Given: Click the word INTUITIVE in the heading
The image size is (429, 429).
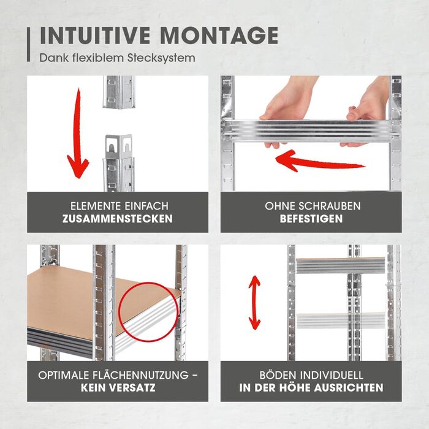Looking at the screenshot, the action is coord(96,36).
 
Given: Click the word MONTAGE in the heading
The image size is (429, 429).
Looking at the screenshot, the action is coord(219,36).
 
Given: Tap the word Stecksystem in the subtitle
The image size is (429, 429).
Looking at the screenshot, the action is coord(161,58).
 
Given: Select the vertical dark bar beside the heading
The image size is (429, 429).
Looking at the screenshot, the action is coord(28,44).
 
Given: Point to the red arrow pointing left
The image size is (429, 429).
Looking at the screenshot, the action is coord(319,161).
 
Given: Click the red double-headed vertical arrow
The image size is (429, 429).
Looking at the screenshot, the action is coord(254,303).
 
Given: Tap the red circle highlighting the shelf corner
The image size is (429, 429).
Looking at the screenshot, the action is coord(148,312).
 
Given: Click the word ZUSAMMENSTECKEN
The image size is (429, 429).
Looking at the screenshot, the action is coord(118,219).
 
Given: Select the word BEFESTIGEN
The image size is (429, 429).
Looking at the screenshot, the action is coord(311,219).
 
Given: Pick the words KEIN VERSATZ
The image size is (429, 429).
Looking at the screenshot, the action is coord(118,388).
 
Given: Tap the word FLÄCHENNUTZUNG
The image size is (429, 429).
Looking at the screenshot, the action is coord(140,375).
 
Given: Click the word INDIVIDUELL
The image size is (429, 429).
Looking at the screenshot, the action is coord(332,375).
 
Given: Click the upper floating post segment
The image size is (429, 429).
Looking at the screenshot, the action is coord(119,92).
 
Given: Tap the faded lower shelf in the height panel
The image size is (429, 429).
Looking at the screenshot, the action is coord(341,321).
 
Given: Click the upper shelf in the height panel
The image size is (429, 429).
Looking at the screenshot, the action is coord(341,265).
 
